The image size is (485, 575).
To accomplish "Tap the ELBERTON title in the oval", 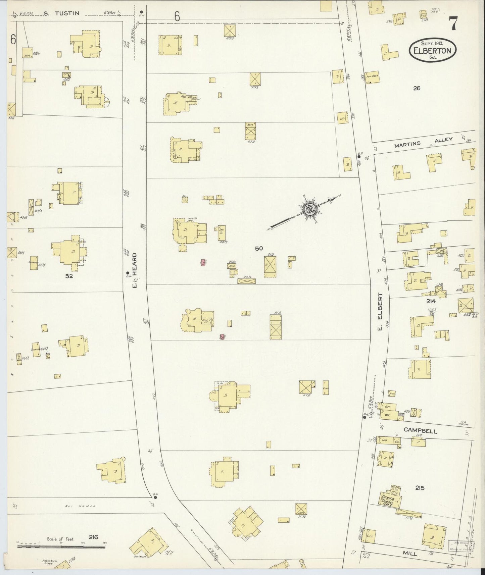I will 432,51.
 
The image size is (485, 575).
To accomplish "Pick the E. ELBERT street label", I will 380,311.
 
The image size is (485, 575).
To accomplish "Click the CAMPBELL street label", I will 420,431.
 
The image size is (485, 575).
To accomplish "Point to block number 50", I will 258,249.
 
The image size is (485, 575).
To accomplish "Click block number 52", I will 69,276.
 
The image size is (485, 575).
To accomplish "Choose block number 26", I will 417,89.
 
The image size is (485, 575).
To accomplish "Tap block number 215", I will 420,488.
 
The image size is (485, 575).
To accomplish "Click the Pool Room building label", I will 372,76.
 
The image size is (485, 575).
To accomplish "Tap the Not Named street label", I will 80,506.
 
